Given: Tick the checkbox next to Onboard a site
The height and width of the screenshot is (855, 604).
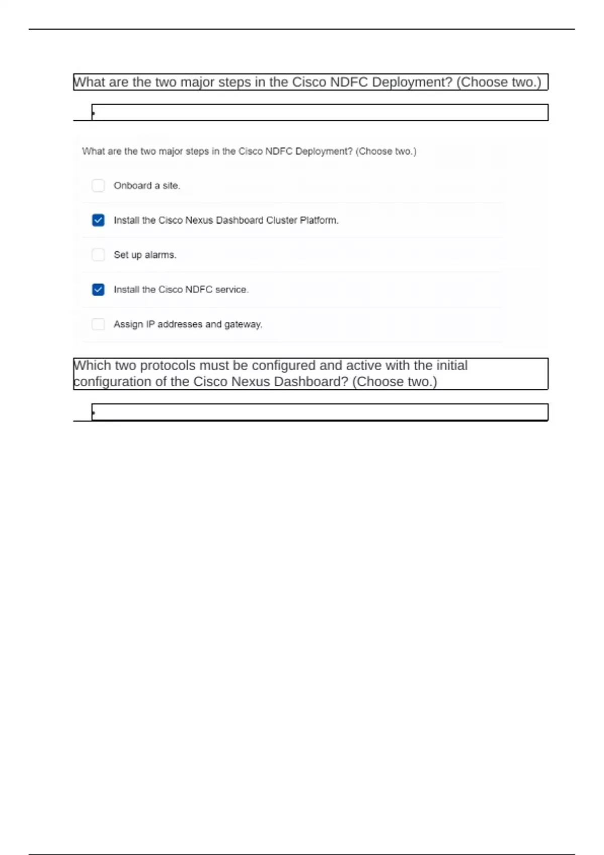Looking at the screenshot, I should coord(98,186).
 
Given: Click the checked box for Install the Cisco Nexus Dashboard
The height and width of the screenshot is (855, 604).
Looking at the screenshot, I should coord(98,220).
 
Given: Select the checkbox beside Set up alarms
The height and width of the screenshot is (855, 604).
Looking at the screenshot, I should coord(98,255).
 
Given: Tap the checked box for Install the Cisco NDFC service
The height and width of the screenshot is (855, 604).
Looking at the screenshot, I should coord(98,290).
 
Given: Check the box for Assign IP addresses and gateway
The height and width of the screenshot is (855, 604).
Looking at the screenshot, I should coord(98,324).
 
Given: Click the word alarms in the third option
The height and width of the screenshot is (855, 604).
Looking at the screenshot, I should coord(160,255).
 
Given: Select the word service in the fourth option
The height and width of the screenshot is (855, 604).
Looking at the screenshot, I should coord(232,290).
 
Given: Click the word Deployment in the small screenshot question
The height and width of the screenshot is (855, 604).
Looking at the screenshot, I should coord(324,151).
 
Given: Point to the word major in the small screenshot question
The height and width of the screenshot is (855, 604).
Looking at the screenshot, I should coord(171,151).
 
